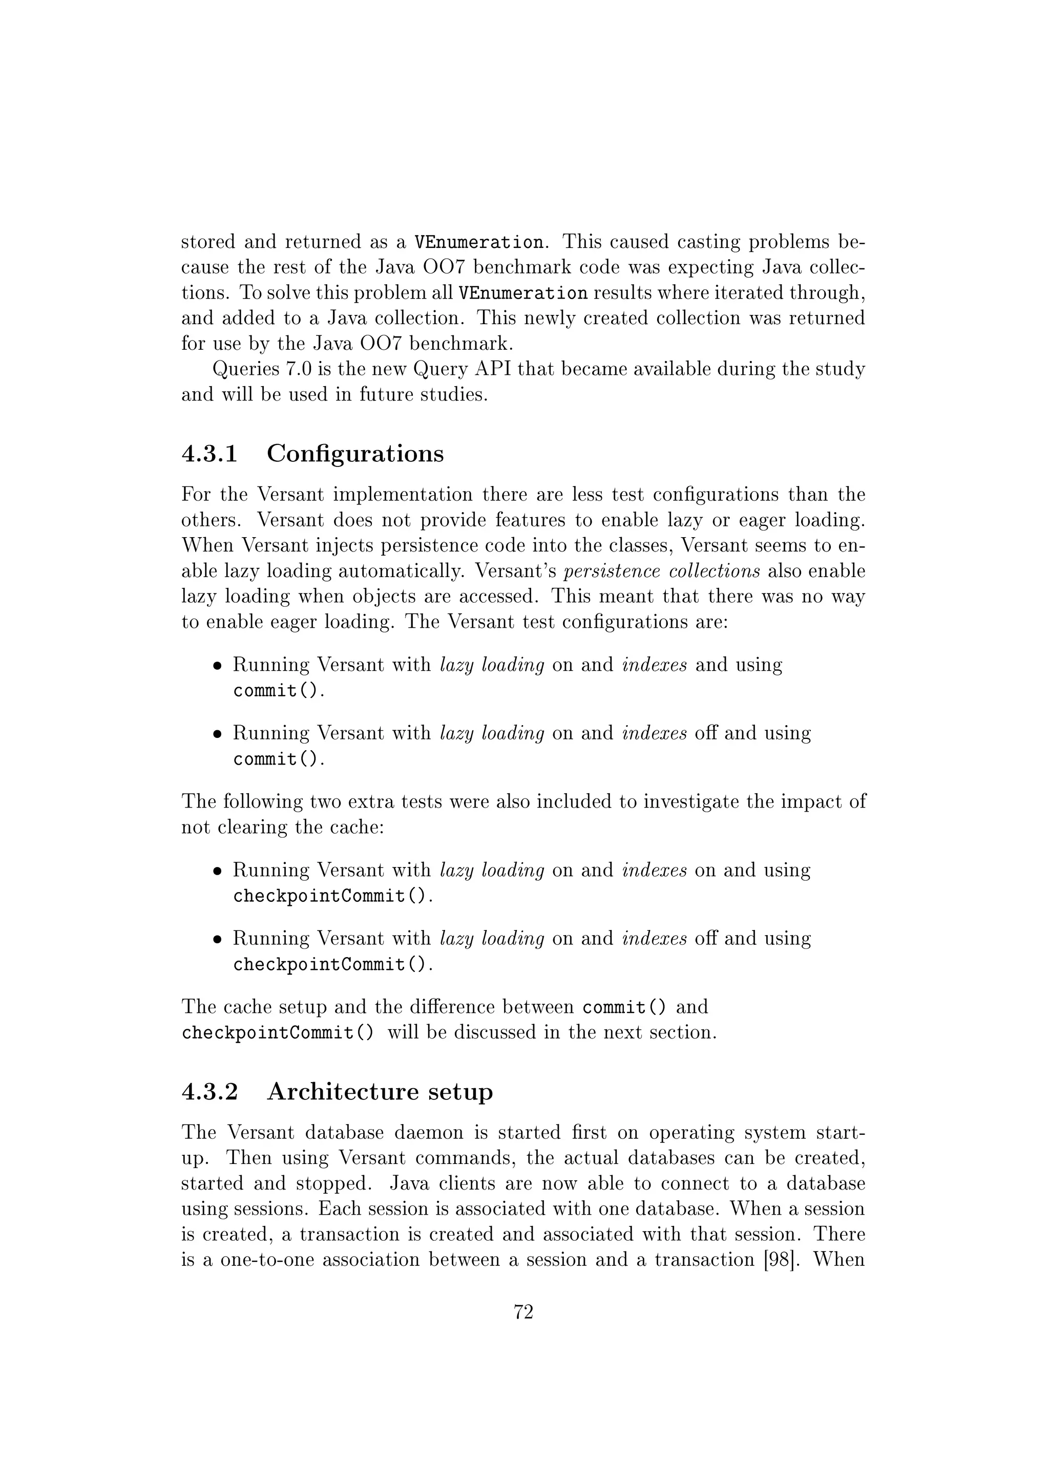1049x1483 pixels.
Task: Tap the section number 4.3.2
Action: [209, 1092]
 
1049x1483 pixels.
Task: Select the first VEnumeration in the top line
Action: [478, 242]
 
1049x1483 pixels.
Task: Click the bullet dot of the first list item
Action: [218, 665]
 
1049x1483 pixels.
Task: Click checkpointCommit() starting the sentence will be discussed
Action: [277, 1032]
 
